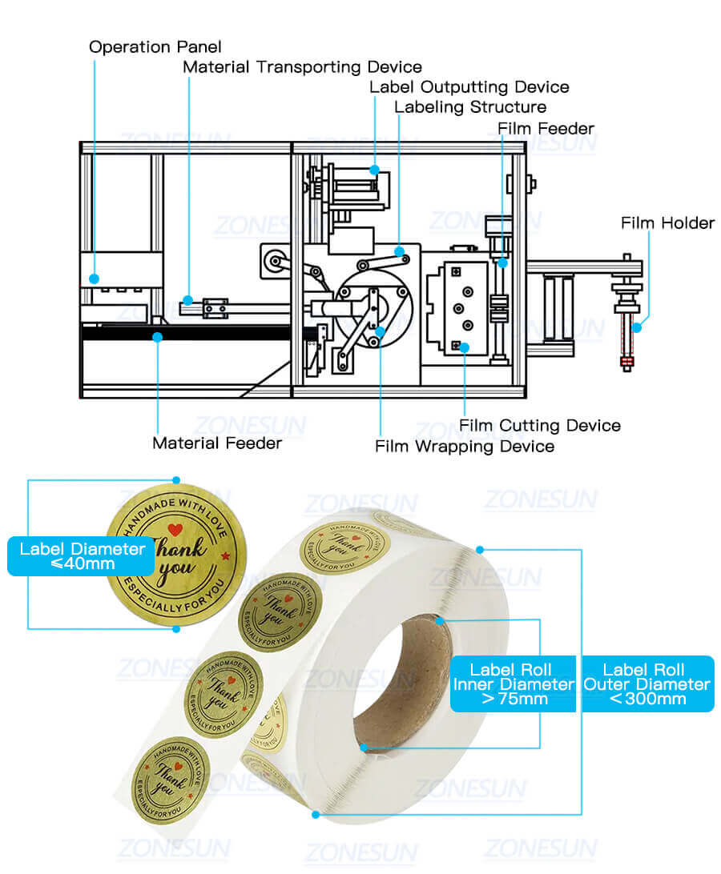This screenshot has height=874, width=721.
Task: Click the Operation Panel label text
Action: tap(155, 47)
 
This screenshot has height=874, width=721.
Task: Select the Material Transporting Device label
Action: tap(302, 67)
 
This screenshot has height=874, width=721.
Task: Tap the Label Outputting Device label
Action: tap(469, 87)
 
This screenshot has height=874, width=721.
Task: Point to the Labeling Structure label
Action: tap(470, 107)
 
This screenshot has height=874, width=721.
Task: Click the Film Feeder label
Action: tap(546, 128)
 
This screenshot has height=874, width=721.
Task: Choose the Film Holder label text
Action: tap(667, 223)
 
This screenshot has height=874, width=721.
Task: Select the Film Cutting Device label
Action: tap(539, 425)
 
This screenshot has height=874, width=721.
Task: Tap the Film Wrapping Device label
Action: tap(465, 446)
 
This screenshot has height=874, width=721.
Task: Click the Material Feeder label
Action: tap(217, 443)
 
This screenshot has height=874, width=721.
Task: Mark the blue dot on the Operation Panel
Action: tap(95, 279)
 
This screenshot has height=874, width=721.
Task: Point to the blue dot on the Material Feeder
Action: tap(158, 337)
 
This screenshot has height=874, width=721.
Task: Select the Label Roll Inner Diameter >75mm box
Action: tap(511, 684)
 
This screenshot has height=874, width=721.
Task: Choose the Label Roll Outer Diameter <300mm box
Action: tap(646, 684)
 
